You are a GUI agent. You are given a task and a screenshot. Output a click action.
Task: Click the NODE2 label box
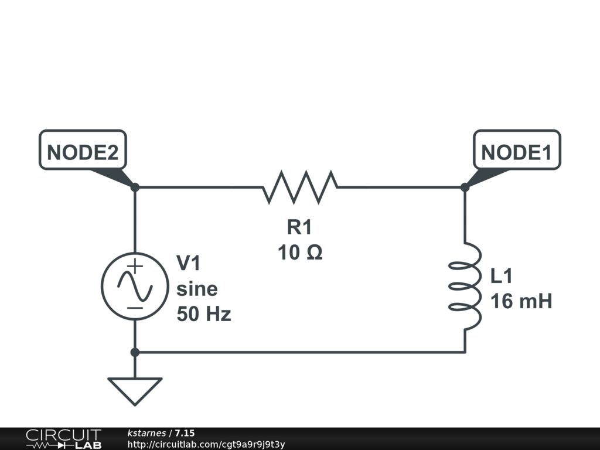83,149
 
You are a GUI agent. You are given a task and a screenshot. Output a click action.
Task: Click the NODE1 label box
517,149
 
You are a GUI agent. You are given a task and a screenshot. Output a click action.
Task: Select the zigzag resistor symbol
300,187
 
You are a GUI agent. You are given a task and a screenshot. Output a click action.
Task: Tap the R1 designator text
299,227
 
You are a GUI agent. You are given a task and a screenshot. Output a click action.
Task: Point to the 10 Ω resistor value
300,253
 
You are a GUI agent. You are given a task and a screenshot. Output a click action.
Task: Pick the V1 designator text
188,263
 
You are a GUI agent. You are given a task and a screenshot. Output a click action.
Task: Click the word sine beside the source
197,288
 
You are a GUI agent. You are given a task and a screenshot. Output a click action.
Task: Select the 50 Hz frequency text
204,314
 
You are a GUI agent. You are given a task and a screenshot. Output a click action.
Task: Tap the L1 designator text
502,276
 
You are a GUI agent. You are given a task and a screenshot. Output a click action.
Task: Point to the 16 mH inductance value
521,301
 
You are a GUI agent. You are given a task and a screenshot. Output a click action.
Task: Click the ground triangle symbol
135,391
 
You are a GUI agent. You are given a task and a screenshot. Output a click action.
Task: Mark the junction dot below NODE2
135,187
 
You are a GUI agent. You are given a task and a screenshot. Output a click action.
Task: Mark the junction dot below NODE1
465,187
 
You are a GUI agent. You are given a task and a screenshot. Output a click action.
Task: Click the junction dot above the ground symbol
135,352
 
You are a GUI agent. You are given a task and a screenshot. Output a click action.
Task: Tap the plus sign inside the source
135,266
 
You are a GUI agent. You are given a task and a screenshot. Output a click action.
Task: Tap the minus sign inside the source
135,308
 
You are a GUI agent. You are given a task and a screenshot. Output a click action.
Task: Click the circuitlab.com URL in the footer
206,444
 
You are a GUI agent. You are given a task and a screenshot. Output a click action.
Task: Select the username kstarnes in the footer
146,433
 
